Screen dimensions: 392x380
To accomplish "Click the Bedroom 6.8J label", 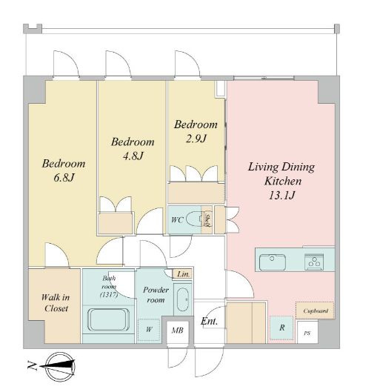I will (x=63, y=170).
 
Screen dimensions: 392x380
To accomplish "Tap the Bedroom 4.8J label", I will (x=133, y=148).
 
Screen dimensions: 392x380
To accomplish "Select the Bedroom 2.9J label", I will (x=196, y=132).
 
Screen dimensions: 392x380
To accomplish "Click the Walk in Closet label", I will (x=54, y=302).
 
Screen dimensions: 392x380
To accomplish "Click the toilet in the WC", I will (x=194, y=219).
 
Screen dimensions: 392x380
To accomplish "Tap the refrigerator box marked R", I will (x=281, y=327).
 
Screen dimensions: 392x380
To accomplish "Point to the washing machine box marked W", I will (x=149, y=329).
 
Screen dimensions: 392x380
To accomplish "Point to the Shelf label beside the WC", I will (x=209, y=221).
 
